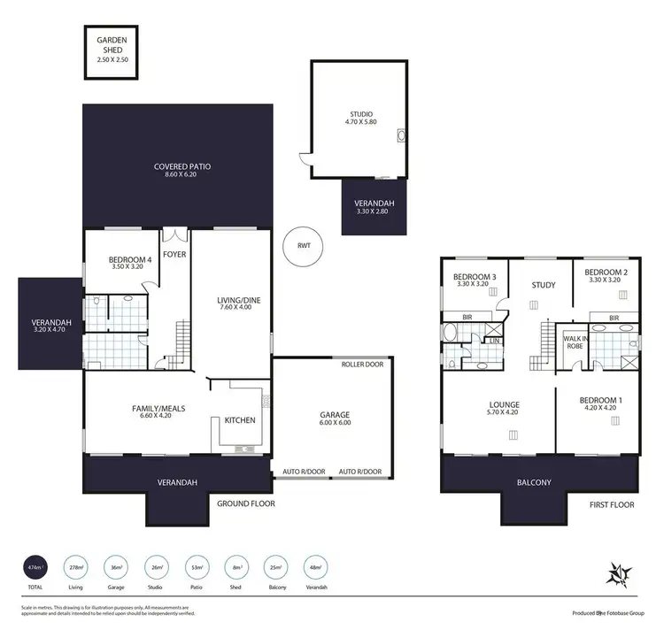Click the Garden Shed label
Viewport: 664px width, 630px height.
click(x=112, y=40)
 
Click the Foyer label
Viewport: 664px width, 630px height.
click(x=174, y=254)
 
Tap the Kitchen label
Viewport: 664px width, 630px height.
click(x=240, y=420)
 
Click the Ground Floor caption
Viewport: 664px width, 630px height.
click(x=246, y=503)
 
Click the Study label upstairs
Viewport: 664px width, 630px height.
click(x=543, y=285)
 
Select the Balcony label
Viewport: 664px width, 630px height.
click(x=534, y=482)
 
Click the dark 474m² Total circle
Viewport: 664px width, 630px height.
click(x=35, y=566)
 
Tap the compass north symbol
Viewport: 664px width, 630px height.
click(x=617, y=574)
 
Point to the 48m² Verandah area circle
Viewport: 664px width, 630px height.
click(x=314, y=566)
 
